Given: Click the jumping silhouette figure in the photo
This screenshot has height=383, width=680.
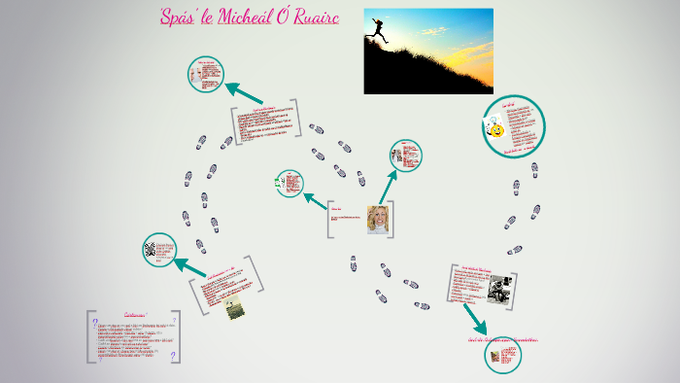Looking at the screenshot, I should tap(378, 32).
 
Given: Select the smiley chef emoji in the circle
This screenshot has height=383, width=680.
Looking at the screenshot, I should tap(495, 128).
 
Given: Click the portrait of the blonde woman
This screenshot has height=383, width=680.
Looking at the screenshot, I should tap(378, 220).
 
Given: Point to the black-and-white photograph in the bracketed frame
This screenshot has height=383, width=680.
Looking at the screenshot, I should tap(500, 289).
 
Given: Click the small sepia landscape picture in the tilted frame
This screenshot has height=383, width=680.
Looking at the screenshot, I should tap(234, 309).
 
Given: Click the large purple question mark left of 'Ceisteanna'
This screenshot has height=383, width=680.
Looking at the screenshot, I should tap(95, 318).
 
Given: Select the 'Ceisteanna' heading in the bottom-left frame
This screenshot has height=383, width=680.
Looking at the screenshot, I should tap(142, 314).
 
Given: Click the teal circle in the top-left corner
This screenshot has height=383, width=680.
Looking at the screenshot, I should tap(206, 75).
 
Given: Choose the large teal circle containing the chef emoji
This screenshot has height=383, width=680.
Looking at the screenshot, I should tap(514, 125).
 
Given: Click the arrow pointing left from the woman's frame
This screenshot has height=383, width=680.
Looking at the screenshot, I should tap(316, 201).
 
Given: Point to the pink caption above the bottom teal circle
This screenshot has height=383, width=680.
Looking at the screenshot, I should tap(502, 340).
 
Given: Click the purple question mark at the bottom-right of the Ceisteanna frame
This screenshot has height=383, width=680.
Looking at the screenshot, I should tap(174, 356).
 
